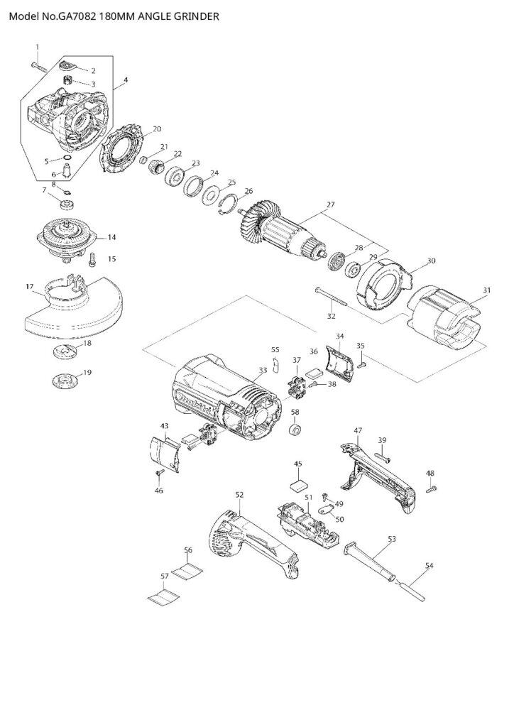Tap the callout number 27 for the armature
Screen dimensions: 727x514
coord(329,205)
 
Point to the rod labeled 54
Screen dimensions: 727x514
coord(411,589)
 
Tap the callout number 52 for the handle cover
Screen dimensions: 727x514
coord(239,494)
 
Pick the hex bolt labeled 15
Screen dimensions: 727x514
coord(93,261)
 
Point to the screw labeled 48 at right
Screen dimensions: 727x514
coord(430,488)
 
